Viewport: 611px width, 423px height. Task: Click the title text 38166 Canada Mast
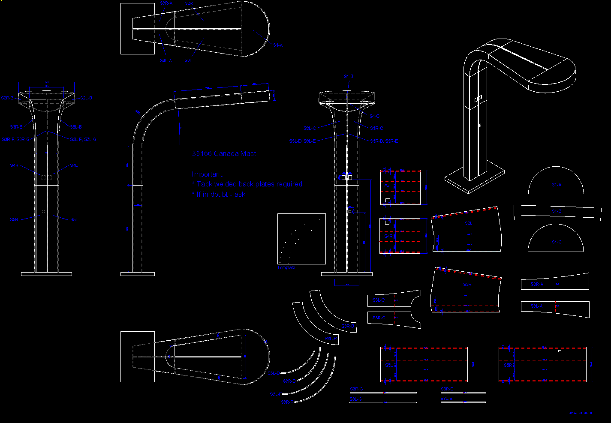224,153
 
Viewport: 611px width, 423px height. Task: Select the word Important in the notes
208,174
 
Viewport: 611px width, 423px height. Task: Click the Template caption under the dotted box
286,267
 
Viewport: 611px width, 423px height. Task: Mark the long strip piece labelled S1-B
557,212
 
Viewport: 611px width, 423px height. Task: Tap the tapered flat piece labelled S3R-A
555,282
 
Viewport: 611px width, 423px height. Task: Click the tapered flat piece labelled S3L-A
555,307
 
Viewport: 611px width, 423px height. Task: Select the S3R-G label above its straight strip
356,389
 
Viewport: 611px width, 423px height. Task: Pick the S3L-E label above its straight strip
447,399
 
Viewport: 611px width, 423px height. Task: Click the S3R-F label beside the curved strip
287,402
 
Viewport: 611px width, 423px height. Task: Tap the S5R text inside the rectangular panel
509,365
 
